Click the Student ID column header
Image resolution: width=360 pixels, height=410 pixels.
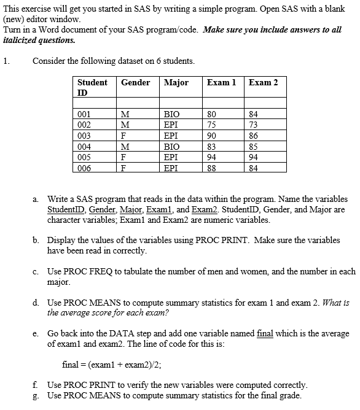click(x=92, y=87)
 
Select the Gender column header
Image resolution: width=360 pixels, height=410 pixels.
click(x=136, y=82)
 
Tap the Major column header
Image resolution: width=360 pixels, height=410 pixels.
click(x=176, y=82)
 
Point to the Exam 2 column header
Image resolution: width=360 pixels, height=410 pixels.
click(x=263, y=82)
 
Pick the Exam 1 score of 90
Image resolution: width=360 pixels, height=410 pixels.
click(x=212, y=136)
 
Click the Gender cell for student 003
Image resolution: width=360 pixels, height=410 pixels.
click(x=125, y=136)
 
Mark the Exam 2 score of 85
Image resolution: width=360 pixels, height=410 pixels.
click(x=254, y=147)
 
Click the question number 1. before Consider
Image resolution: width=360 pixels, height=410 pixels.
click(x=6, y=61)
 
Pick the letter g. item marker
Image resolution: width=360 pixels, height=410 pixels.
click(x=39, y=395)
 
